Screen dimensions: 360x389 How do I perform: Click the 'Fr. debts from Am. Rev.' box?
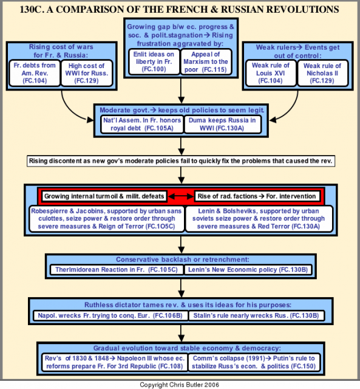[35, 73]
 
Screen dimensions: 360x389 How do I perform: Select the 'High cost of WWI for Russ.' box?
[86, 73]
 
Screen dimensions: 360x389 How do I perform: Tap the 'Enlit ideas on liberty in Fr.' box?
[154, 62]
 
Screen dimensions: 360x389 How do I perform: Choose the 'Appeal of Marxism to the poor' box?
[206, 62]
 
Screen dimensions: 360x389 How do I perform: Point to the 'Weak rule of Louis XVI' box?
[271, 73]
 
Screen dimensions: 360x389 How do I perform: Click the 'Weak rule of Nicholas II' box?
[322, 73]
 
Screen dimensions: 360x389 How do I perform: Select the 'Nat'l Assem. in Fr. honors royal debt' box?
[142, 124]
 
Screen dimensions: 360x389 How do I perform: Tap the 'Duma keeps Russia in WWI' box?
[222, 124]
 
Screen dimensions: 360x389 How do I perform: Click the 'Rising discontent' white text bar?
[181, 161]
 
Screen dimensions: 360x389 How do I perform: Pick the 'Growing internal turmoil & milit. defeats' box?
[104, 196]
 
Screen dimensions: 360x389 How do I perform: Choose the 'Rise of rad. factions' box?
[257, 196]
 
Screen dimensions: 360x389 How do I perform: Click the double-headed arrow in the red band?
[181, 196]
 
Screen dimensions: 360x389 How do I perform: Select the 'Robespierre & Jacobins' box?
[106, 219]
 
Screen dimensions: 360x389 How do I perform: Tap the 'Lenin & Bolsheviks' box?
[259, 219]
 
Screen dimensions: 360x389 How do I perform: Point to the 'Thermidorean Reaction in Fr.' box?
[117, 270]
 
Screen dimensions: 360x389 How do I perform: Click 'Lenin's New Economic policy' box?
[248, 270]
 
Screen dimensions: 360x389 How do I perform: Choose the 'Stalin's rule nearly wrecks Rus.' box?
[256, 315]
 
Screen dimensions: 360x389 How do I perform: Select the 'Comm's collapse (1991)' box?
[254, 362]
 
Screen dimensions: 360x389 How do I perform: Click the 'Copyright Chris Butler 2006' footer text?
[179, 385]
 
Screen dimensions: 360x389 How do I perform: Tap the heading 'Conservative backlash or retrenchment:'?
[183, 260]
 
